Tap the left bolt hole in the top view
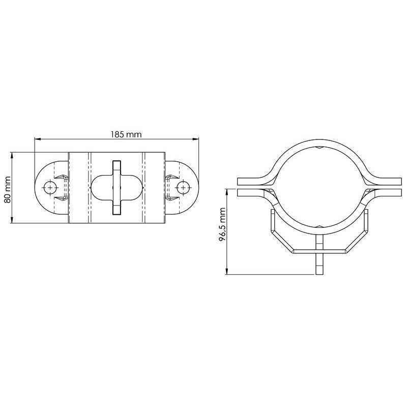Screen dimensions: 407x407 pos(49,187)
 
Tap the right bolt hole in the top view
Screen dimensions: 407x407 pos(182,187)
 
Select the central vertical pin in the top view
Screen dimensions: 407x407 pos(117,187)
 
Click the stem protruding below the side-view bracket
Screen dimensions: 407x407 pos(319,265)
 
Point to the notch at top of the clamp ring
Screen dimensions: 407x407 pos(319,148)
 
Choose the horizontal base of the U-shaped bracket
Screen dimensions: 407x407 pos(319,251)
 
